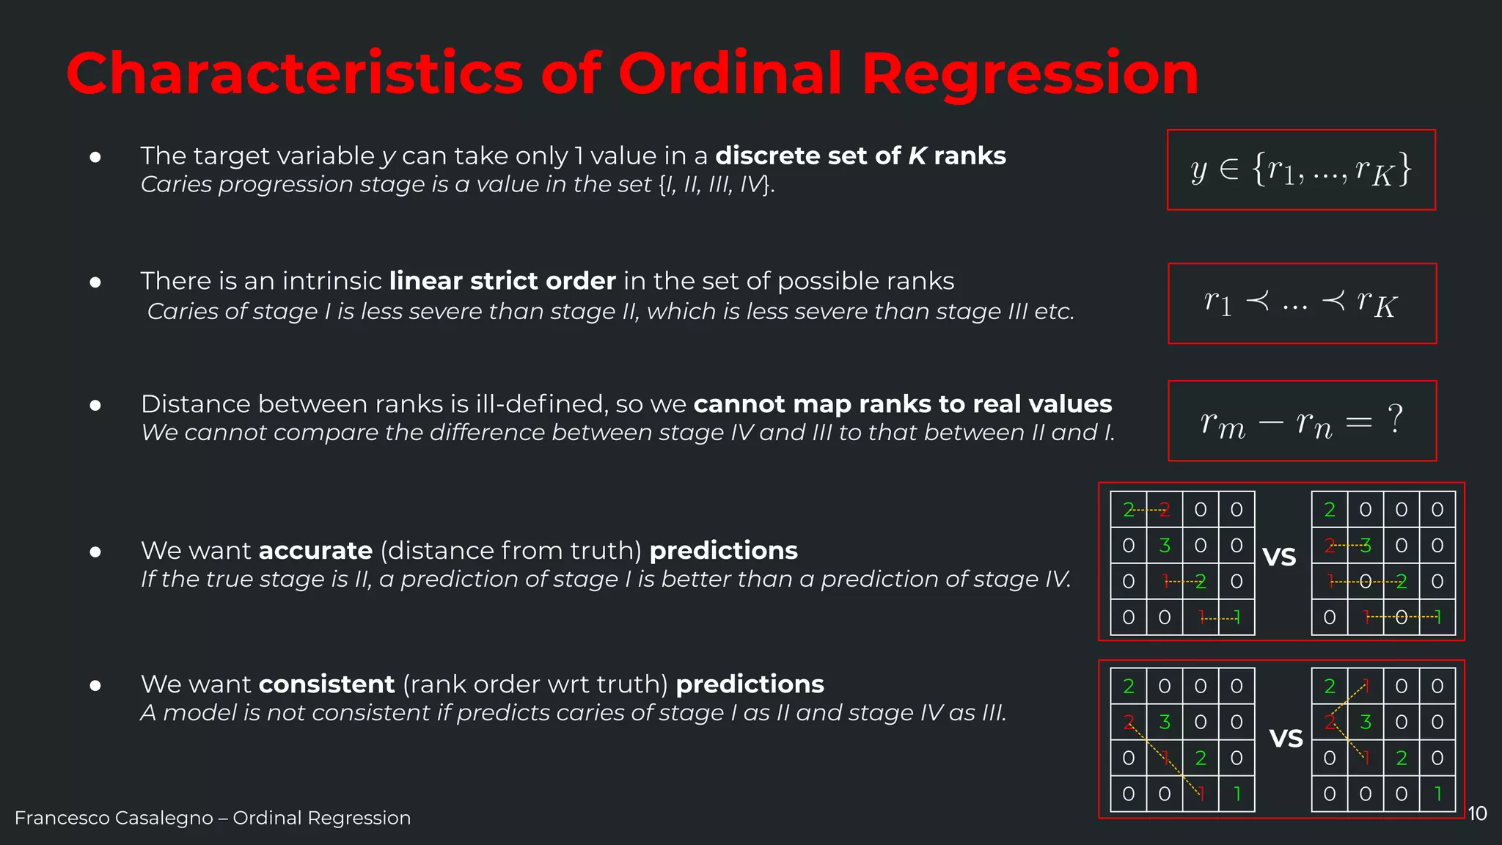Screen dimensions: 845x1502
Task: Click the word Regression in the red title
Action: point(1030,74)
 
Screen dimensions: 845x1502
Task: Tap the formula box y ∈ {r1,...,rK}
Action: point(1301,170)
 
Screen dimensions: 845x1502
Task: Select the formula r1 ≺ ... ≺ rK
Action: point(1302,303)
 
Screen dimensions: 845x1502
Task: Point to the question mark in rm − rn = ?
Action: point(1395,420)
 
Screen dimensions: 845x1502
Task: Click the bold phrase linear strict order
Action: point(502,281)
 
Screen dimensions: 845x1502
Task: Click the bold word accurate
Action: point(315,550)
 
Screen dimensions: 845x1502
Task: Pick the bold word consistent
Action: point(326,684)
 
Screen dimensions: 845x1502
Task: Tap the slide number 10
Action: point(1477,813)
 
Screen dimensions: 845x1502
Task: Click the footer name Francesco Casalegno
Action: point(114,818)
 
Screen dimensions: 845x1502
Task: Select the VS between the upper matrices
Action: point(1280,557)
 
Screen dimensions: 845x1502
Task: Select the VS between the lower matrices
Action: point(1286,739)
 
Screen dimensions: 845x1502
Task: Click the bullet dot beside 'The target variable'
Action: point(95,157)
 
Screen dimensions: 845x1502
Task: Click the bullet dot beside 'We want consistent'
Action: point(95,686)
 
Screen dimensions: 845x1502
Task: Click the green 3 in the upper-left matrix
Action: point(1165,545)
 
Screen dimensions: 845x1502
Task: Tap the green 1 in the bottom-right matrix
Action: point(1437,794)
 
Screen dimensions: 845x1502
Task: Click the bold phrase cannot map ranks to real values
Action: point(903,404)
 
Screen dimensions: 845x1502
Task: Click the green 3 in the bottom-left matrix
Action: point(1165,722)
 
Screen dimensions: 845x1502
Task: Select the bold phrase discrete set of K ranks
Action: point(860,156)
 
